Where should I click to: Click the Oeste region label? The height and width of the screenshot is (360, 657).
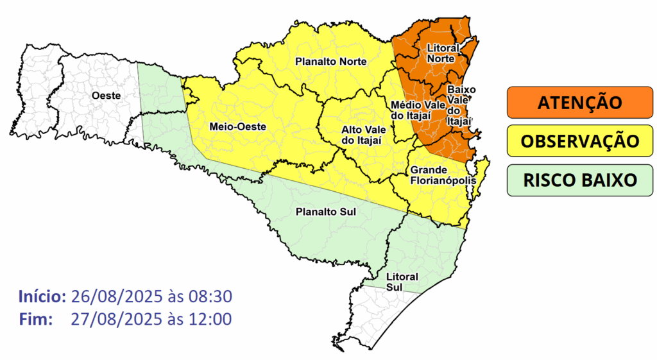[107, 95]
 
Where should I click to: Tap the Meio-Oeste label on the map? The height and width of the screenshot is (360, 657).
[234, 127]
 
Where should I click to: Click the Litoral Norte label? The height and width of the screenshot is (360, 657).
[443, 53]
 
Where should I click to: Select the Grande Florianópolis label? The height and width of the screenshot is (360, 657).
[443, 175]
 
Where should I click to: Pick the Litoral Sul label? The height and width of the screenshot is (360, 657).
[402, 281]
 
